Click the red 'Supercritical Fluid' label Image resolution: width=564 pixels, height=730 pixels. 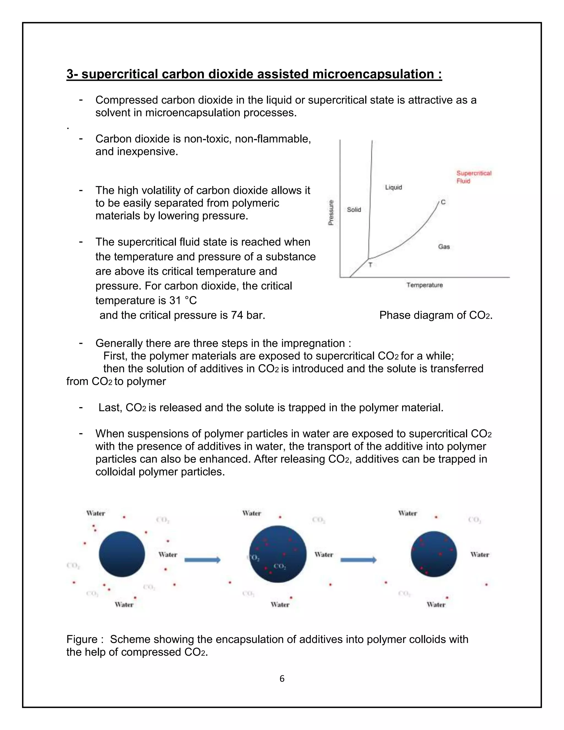[473, 177]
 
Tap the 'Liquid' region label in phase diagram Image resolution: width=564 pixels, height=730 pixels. [393, 187]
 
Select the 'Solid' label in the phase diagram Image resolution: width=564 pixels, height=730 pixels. [354, 210]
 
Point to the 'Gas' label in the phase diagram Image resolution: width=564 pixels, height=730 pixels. [444, 247]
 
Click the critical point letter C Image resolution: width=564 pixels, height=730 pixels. [443, 202]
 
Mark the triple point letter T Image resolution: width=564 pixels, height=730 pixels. [370, 265]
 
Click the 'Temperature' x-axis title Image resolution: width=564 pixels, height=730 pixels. [424, 285]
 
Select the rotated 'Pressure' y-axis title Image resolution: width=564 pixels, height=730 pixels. [331, 213]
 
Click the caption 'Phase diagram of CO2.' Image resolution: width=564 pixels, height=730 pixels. [436, 315]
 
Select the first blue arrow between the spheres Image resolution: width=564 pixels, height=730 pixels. [202, 560]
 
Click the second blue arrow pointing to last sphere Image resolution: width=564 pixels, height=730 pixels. [358, 560]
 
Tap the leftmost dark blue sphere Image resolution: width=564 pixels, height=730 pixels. [122, 554]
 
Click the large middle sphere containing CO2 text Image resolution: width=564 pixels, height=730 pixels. [278, 554]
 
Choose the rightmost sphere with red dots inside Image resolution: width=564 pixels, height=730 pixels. [434, 554]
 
